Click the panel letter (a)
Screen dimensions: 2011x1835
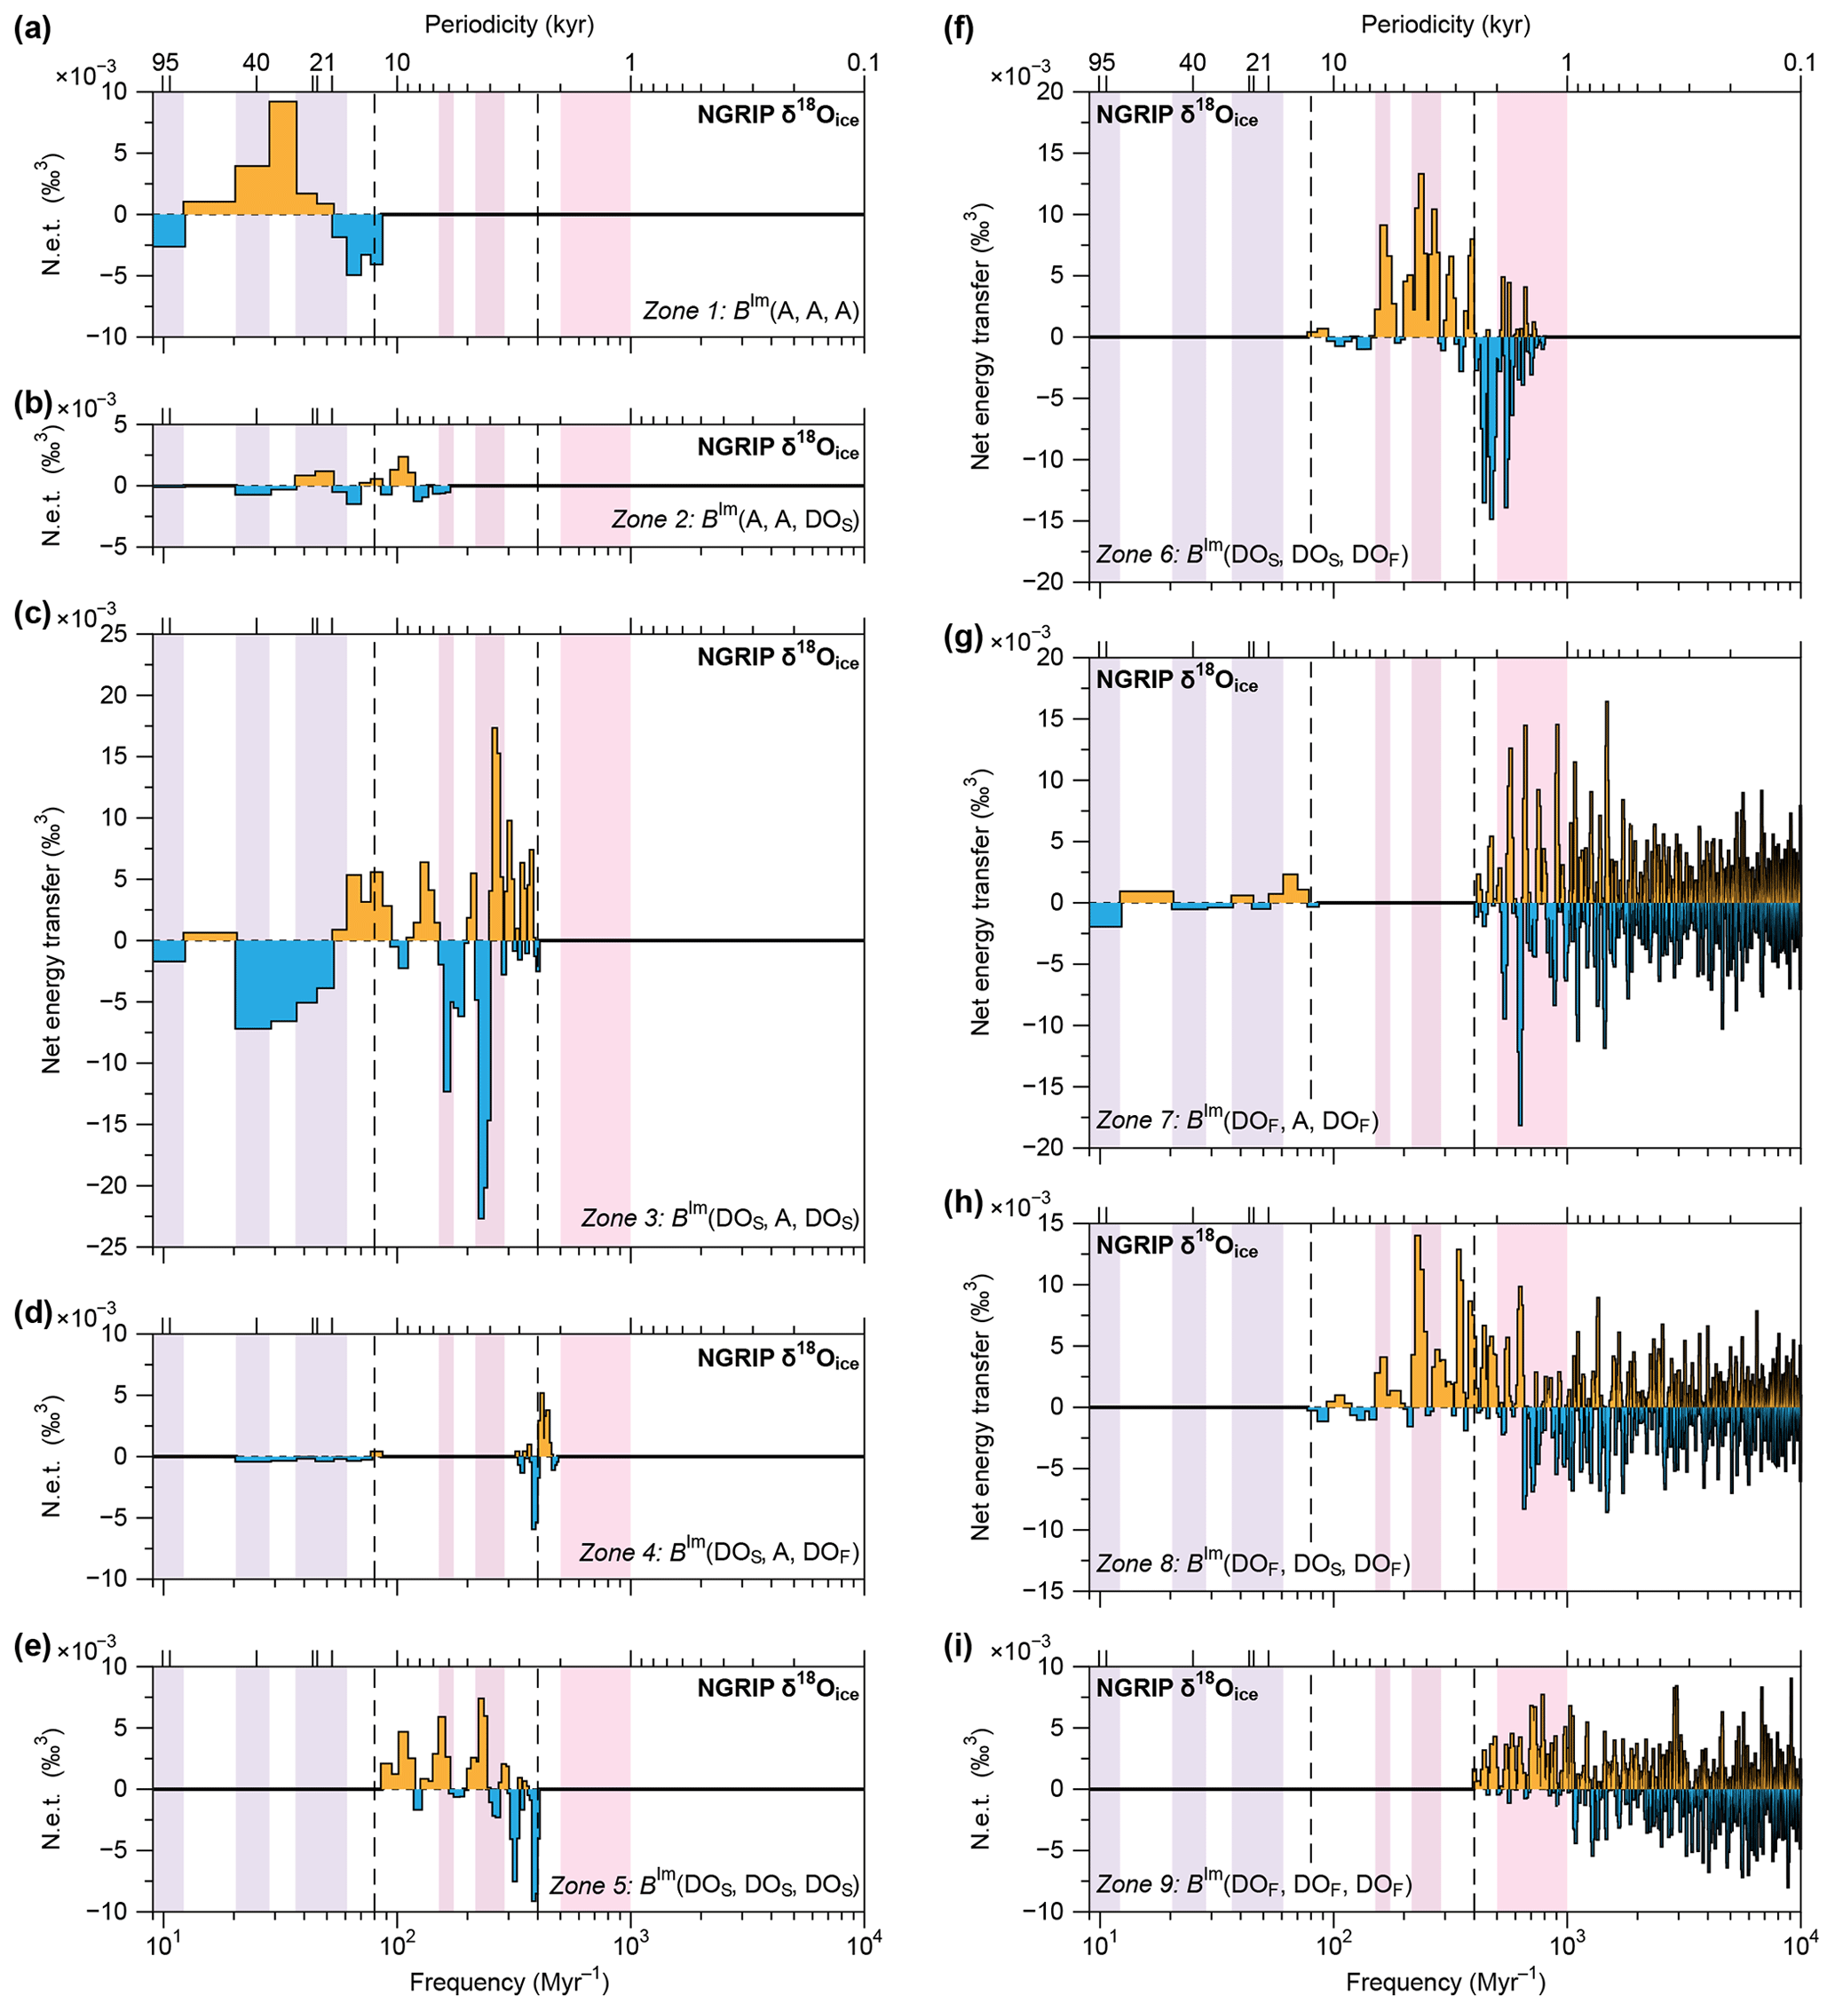click(x=32, y=29)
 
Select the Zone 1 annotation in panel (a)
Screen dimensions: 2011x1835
click(x=750, y=312)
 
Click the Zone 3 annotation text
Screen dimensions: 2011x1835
click(x=719, y=1218)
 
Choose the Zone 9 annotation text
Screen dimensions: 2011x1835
click(x=1253, y=1883)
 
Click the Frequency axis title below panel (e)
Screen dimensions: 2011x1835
click(x=509, y=1981)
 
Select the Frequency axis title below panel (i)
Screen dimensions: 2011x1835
click(x=1445, y=1981)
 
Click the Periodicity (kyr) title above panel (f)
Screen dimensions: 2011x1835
click(x=1445, y=24)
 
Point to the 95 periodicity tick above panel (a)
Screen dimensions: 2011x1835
click(x=165, y=62)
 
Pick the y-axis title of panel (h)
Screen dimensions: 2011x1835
click(x=981, y=1406)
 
